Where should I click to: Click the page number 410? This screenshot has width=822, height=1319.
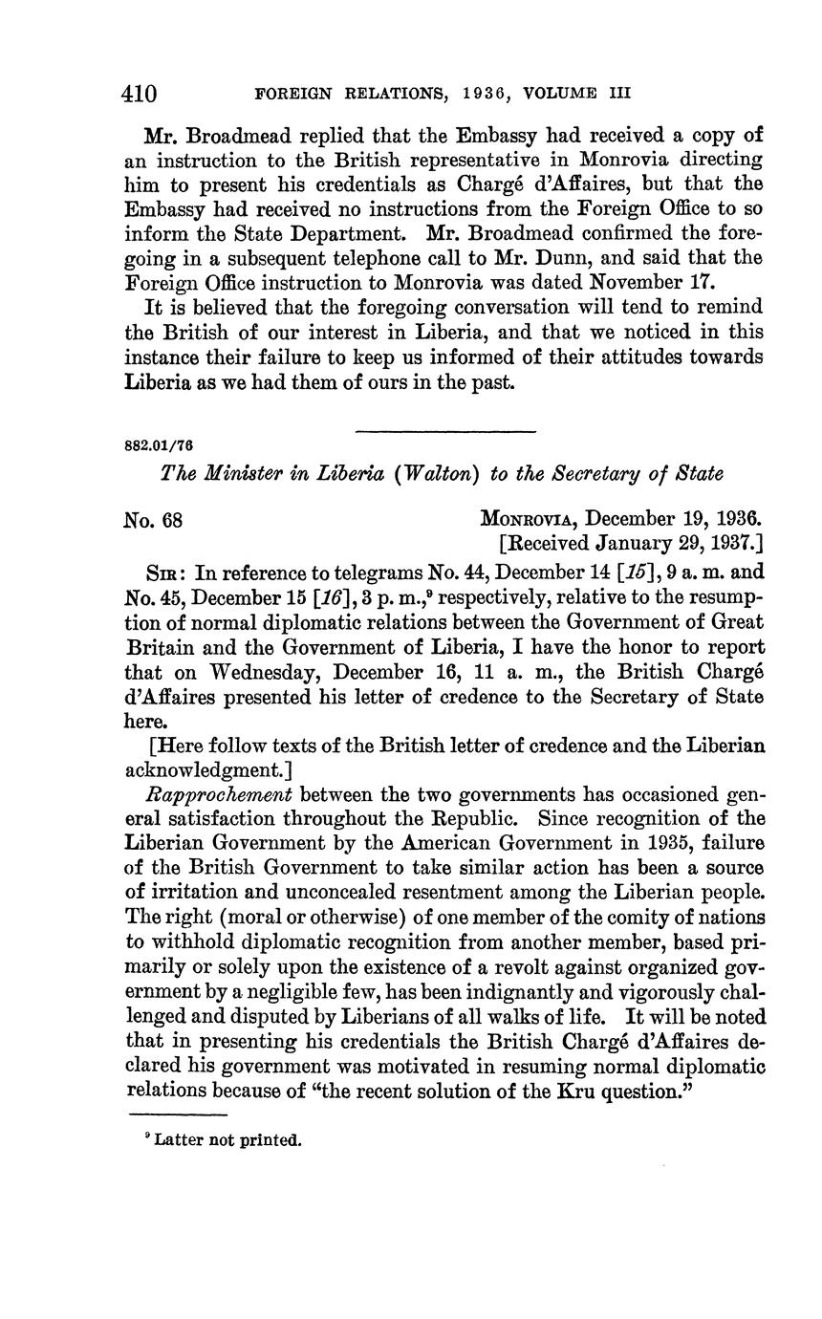tap(140, 94)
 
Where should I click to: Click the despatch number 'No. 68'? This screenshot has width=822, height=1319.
tap(154, 521)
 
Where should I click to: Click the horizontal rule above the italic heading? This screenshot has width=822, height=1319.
tap(444, 432)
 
